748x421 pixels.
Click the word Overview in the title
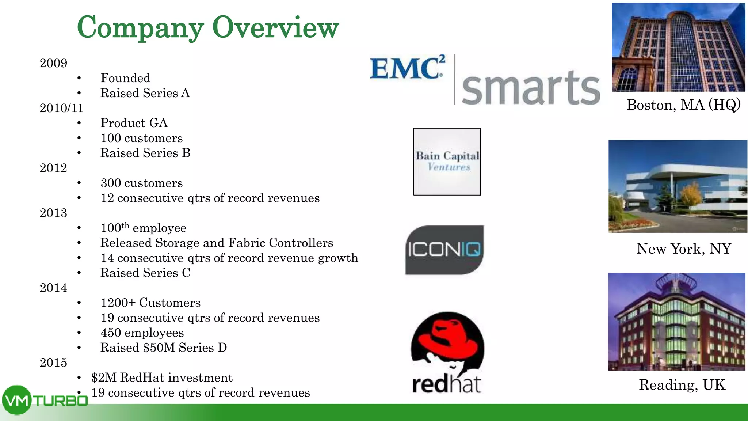(275, 27)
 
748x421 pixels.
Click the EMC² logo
(407, 68)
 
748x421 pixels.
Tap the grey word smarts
(531, 88)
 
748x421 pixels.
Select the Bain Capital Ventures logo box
(447, 162)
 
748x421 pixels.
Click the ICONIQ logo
(444, 250)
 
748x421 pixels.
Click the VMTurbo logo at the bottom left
(44, 401)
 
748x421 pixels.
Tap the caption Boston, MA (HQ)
(683, 105)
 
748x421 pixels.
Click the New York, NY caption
(683, 249)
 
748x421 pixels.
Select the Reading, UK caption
(682, 385)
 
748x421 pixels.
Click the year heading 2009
(53, 63)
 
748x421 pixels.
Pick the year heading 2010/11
(61, 108)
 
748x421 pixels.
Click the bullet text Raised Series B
(145, 153)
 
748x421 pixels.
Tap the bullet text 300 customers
(142, 183)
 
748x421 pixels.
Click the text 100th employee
(143, 228)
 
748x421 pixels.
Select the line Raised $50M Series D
(164, 348)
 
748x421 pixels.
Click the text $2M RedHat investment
(162, 378)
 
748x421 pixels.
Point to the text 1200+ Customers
(150, 303)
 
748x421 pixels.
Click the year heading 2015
(53, 363)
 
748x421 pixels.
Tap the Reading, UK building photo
(676, 322)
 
